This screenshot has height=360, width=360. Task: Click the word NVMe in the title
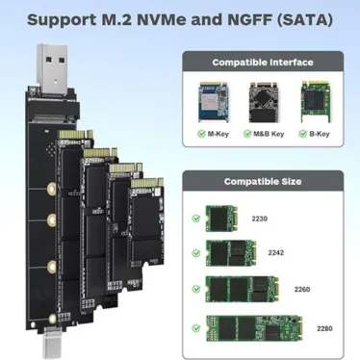tap(161, 20)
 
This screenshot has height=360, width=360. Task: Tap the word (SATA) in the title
tap(304, 20)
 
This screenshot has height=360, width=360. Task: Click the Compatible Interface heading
tap(263, 63)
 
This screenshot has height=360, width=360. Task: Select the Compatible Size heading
tap(263, 182)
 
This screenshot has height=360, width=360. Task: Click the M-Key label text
tap(219, 134)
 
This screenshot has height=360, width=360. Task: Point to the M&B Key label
tap(269, 134)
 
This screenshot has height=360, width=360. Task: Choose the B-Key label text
tap(320, 134)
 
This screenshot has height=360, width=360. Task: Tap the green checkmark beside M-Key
tap(201, 134)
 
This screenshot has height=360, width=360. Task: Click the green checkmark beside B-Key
tap(303, 134)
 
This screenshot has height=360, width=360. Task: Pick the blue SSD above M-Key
tap(214, 102)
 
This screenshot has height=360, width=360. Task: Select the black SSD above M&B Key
tap(263, 102)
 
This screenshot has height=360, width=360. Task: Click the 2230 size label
tap(259, 219)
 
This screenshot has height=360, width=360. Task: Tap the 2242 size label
tap(276, 253)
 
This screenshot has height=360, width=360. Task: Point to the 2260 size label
tap(302, 290)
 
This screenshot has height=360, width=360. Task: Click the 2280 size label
tap(324, 328)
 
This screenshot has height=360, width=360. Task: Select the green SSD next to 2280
tap(254, 328)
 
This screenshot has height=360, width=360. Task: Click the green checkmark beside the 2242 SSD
tap(196, 253)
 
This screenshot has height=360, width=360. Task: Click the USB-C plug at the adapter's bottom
tap(51, 343)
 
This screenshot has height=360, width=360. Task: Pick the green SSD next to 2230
tap(221, 219)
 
